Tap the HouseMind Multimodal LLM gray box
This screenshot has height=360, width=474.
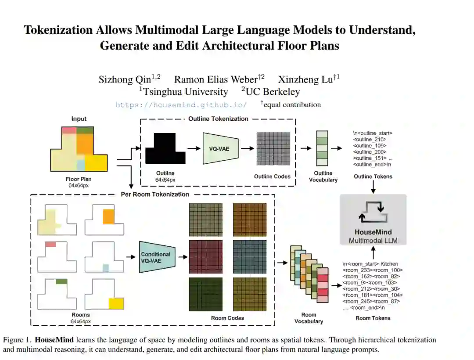pos(373,219)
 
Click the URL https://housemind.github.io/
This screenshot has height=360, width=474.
pos(181,105)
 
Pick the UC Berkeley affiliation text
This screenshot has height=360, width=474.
pos(273,92)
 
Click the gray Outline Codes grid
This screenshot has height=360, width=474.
pos(273,148)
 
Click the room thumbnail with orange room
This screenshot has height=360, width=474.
pos(105,219)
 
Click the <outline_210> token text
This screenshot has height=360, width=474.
pos(370,139)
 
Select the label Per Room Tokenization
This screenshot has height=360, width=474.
pos(155,194)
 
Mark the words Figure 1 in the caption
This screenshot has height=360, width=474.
pos(17,340)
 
